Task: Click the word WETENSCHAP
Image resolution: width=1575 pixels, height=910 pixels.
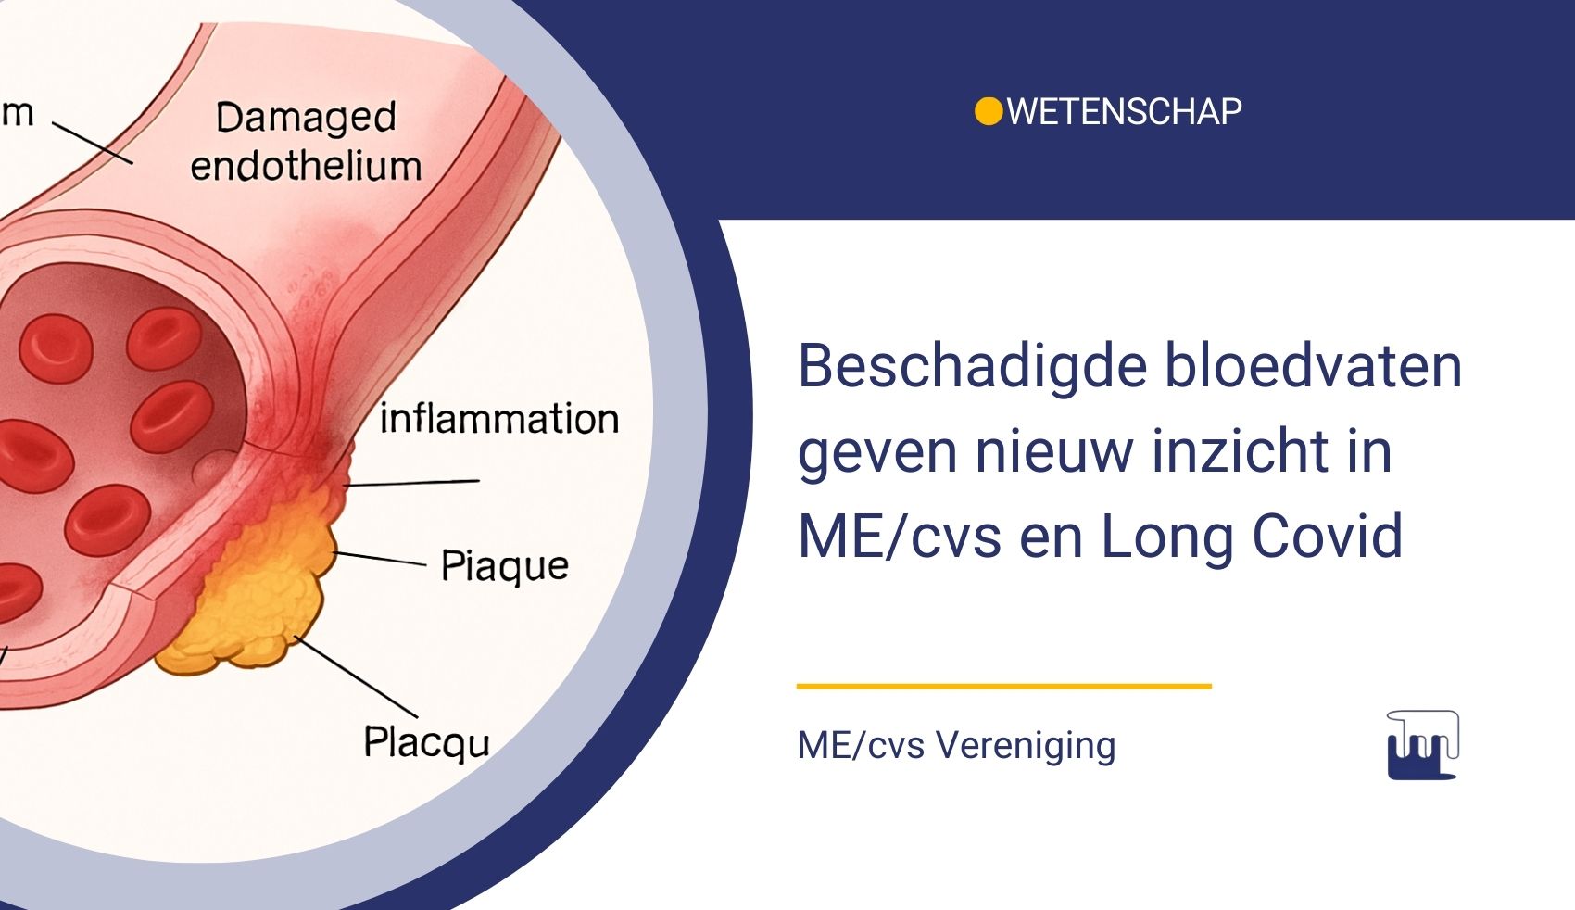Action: click(x=1124, y=112)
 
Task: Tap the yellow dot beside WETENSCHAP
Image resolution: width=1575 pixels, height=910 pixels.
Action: click(x=989, y=111)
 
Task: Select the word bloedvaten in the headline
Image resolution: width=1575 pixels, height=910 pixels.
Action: click(x=1313, y=366)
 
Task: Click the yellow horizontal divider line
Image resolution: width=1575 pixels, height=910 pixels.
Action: click(x=1003, y=687)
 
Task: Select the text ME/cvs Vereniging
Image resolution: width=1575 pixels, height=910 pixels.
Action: click(x=956, y=745)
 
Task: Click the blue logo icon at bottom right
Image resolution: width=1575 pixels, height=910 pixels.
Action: click(x=1422, y=745)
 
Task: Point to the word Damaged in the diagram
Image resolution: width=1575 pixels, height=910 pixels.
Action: click(x=306, y=118)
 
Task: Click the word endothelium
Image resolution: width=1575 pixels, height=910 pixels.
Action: click(x=306, y=167)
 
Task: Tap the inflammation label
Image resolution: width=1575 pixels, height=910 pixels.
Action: click(x=498, y=419)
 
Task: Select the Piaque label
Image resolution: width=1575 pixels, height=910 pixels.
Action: click(x=504, y=565)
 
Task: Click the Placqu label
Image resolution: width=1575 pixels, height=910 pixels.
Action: click(x=426, y=742)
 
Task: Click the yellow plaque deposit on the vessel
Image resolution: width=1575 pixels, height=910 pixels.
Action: click(x=259, y=593)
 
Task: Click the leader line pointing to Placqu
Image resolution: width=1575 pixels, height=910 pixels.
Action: click(x=357, y=676)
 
